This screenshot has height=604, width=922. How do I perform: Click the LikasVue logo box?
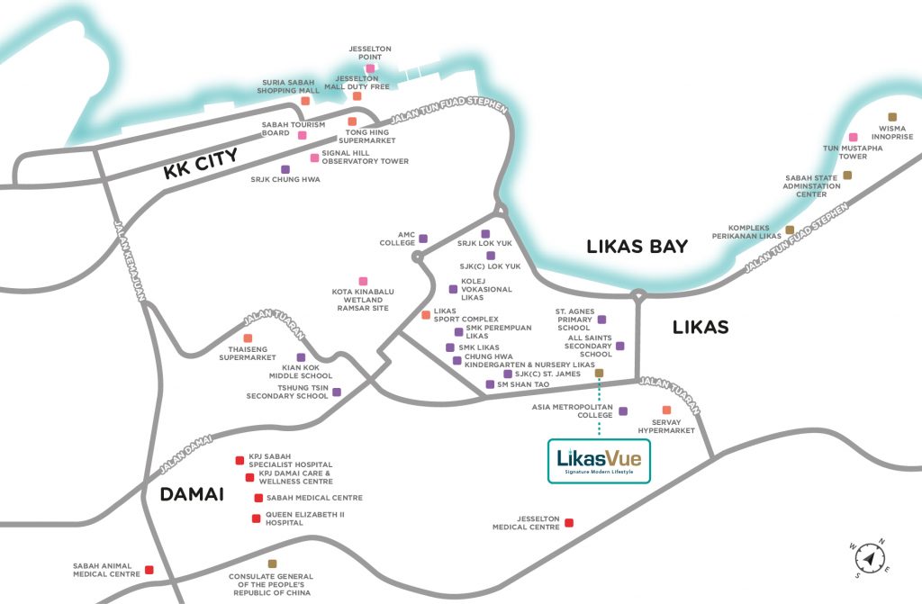(x=600, y=459)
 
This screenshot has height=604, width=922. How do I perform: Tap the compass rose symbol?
(x=868, y=559)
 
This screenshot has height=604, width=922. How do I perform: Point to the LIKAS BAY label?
(x=637, y=246)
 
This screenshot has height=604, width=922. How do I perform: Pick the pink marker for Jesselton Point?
(x=369, y=68)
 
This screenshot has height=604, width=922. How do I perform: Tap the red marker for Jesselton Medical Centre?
(x=568, y=523)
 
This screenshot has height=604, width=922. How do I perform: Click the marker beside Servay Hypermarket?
(x=666, y=410)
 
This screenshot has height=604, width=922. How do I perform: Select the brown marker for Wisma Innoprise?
(x=892, y=117)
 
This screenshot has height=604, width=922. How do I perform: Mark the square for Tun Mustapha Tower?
(x=853, y=137)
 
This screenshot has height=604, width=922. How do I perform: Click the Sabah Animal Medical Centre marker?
(x=149, y=570)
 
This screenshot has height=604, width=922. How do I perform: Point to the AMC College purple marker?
(x=423, y=239)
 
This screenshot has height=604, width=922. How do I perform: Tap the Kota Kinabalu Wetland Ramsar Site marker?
(x=363, y=281)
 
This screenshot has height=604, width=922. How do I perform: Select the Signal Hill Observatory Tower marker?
(x=314, y=158)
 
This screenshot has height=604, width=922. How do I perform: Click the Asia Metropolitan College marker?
(x=623, y=410)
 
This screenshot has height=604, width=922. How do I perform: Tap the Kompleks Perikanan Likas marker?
(x=790, y=230)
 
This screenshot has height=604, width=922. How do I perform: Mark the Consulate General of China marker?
(x=272, y=563)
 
